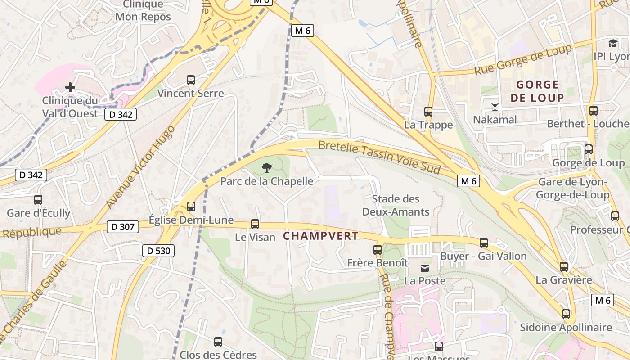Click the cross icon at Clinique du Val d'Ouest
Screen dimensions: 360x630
(x=70, y=87)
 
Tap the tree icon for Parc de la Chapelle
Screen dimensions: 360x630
(x=267, y=168)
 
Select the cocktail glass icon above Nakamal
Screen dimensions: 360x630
(x=495, y=107)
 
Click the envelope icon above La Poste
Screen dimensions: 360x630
(x=424, y=268)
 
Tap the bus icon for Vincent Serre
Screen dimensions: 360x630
(x=191, y=80)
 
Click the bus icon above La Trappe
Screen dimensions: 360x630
(x=428, y=111)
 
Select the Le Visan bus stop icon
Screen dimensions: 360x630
(x=255, y=224)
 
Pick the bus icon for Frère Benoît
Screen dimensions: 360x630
(x=378, y=249)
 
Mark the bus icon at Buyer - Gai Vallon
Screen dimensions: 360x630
(x=484, y=243)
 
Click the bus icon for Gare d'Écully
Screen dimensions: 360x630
(x=38, y=199)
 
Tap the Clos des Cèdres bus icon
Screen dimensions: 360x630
(x=218, y=342)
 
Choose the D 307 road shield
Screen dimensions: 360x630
(x=123, y=227)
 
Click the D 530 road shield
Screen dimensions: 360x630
(x=158, y=251)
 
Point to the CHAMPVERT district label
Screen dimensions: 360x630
(x=321, y=236)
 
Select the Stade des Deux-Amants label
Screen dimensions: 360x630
(x=396, y=205)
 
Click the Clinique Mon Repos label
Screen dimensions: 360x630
(x=143, y=11)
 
